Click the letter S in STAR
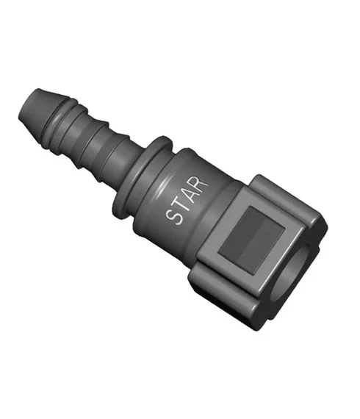pyautogui.click(x=175, y=216)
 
